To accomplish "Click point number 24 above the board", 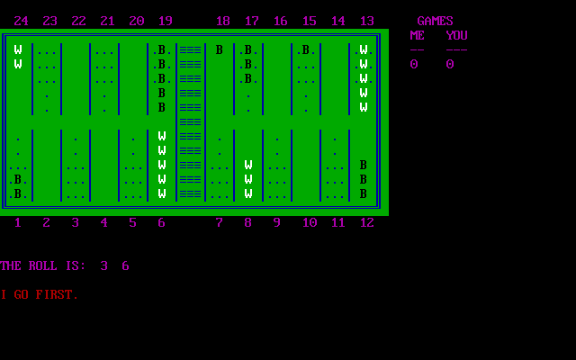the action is (21, 21).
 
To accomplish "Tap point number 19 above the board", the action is (165, 21).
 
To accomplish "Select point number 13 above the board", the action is (366, 21).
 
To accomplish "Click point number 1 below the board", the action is (17, 222).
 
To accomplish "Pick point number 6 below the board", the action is (161, 222).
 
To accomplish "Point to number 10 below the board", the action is (310, 222).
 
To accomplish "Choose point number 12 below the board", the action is (366, 222).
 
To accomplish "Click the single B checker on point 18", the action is (220, 49).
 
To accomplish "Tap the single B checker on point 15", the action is (306, 49).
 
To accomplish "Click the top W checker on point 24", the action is (18, 49).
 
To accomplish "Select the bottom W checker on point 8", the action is (248, 193).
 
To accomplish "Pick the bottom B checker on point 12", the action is (364, 193).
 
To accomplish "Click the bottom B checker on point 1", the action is (18, 193).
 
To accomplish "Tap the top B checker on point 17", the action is (248, 49).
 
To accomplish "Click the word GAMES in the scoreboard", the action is (435, 21).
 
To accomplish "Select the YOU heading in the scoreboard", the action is (456, 35).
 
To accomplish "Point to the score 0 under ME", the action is (414, 64).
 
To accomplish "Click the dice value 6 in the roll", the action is (125, 265).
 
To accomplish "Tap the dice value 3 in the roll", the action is (103, 265).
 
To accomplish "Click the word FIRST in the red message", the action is (57, 294).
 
